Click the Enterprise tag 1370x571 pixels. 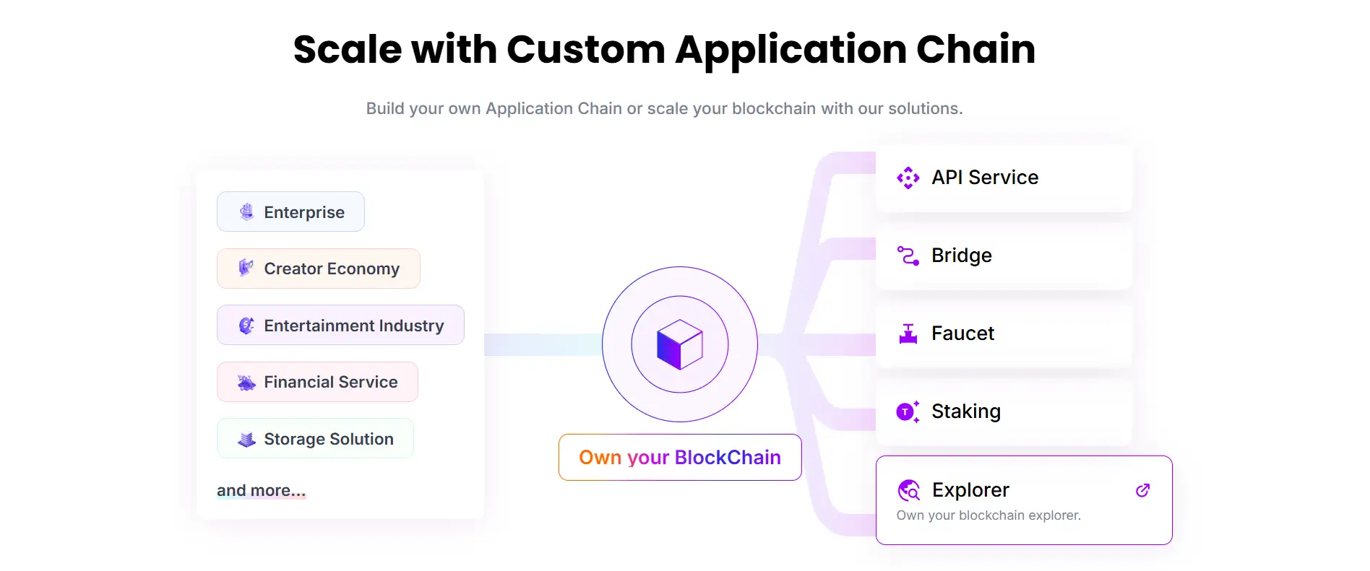290,212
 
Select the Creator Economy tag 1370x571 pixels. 318,269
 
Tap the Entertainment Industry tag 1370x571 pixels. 340,326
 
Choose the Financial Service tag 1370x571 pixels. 317,382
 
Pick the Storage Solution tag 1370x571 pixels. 315,439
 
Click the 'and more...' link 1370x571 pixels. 261,491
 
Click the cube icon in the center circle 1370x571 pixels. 679,344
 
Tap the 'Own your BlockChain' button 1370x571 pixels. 679,458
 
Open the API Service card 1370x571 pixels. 1003,178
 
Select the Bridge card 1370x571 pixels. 1003,256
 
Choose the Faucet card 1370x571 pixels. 1003,334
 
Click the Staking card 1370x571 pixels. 1003,411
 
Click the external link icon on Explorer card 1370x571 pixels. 1142,491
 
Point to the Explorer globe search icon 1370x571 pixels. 908,491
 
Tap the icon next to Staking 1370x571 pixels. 908,411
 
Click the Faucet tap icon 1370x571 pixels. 908,334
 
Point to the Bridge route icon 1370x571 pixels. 908,256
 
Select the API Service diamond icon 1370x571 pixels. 908,178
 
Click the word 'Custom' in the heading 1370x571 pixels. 585,50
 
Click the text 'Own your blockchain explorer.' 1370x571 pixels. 988,515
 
